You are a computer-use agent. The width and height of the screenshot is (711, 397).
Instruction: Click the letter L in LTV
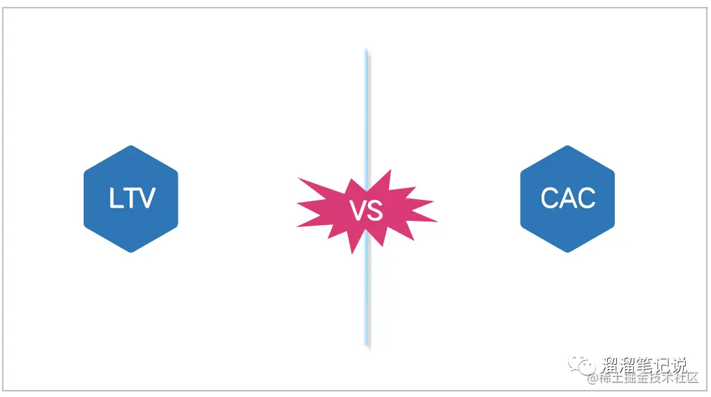pyautogui.click(x=116, y=199)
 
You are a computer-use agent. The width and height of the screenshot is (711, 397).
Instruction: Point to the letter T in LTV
pyautogui.click(x=130, y=199)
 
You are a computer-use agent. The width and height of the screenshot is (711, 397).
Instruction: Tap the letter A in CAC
pyautogui.click(x=568, y=199)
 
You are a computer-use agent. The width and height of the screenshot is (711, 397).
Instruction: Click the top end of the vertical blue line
pyautogui.click(x=367, y=51)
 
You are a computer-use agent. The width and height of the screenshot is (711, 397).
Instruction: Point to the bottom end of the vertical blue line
pyautogui.click(x=367, y=345)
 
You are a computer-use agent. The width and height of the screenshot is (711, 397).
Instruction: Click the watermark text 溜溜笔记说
pyautogui.click(x=644, y=364)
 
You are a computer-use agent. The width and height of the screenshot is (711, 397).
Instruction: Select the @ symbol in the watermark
pyautogui.click(x=592, y=379)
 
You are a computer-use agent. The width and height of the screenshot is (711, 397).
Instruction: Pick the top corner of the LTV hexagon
pyautogui.click(x=131, y=146)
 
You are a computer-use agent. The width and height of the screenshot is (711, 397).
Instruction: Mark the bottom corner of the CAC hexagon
pyautogui.click(x=567, y=251)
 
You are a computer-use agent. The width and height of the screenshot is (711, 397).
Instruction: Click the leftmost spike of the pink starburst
pyautogui.click(x=298, y=204)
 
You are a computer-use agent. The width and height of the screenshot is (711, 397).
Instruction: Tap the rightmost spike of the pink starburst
pyautogui.click(x=437, y=222)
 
